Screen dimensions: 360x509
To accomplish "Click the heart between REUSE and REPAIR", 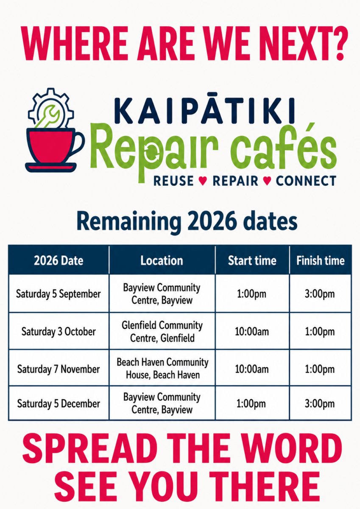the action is click(x=203, y=181).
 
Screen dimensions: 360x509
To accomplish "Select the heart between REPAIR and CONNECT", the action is click(x=267, y=181).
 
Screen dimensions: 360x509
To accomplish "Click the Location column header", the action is click(x=162, y=260).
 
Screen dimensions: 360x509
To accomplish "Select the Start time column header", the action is click(x=252, y=260).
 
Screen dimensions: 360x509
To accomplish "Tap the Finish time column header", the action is click(x=321, y=260).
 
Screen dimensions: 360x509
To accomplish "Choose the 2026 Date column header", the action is click(x=59, y=260).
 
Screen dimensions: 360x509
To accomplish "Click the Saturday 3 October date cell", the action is click(x=59, y=332).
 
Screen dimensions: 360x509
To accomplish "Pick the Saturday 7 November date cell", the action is click(x=59, y=369).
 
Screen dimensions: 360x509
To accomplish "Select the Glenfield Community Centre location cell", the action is click(x=162, y=332).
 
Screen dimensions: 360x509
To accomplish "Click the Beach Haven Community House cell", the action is click(x=162, y=369).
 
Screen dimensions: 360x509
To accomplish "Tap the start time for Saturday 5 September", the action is click(x=251, y=294).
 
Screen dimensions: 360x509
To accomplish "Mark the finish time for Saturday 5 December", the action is click(x=320, y=404).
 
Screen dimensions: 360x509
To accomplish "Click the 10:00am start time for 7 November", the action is click(x=251, y=369).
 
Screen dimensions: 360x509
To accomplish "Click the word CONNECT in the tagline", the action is click(x=306, y=181).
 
